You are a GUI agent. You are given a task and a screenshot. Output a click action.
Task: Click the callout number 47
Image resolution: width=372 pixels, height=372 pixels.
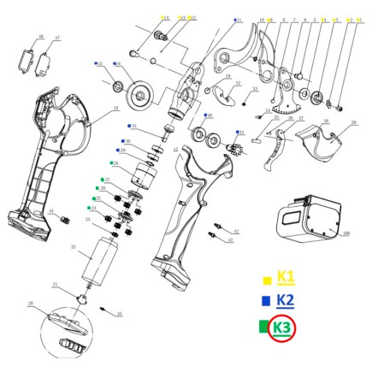click(57, 38)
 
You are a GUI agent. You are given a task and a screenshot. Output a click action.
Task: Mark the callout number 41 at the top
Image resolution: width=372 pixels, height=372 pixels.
click(239, 19)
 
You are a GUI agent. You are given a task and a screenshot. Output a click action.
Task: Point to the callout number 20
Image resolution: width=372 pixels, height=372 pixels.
click(30, 303)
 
